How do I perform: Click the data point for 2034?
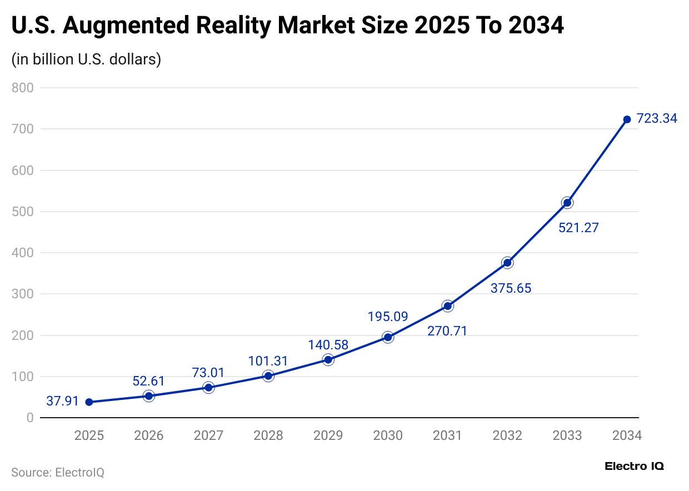tap(627, 119)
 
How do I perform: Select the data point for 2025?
tap(89, 402)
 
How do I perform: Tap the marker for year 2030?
tap(388, 337)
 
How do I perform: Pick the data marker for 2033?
tap(567, 203)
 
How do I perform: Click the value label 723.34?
tap(657, 118)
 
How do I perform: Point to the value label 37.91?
tap(62, 401)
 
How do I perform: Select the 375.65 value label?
tap(511, 288)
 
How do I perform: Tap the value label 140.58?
tap(328, 345)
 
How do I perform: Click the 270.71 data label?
tap(447, 332)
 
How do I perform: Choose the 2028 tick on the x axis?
tap(268, 435)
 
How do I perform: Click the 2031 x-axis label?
tap(447, 435)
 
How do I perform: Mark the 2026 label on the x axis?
tap(149, 435)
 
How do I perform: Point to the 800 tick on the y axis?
tap(23, 88)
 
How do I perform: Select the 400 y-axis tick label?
tap(23, 253)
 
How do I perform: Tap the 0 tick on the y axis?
tap(30, 418)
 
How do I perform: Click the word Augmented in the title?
tap(141, 26)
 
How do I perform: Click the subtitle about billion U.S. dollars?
tap(86, 59)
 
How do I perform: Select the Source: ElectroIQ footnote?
tap(58, 473)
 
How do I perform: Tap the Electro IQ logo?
tap(634, 466)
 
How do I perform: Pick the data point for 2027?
tap(208, 388)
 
